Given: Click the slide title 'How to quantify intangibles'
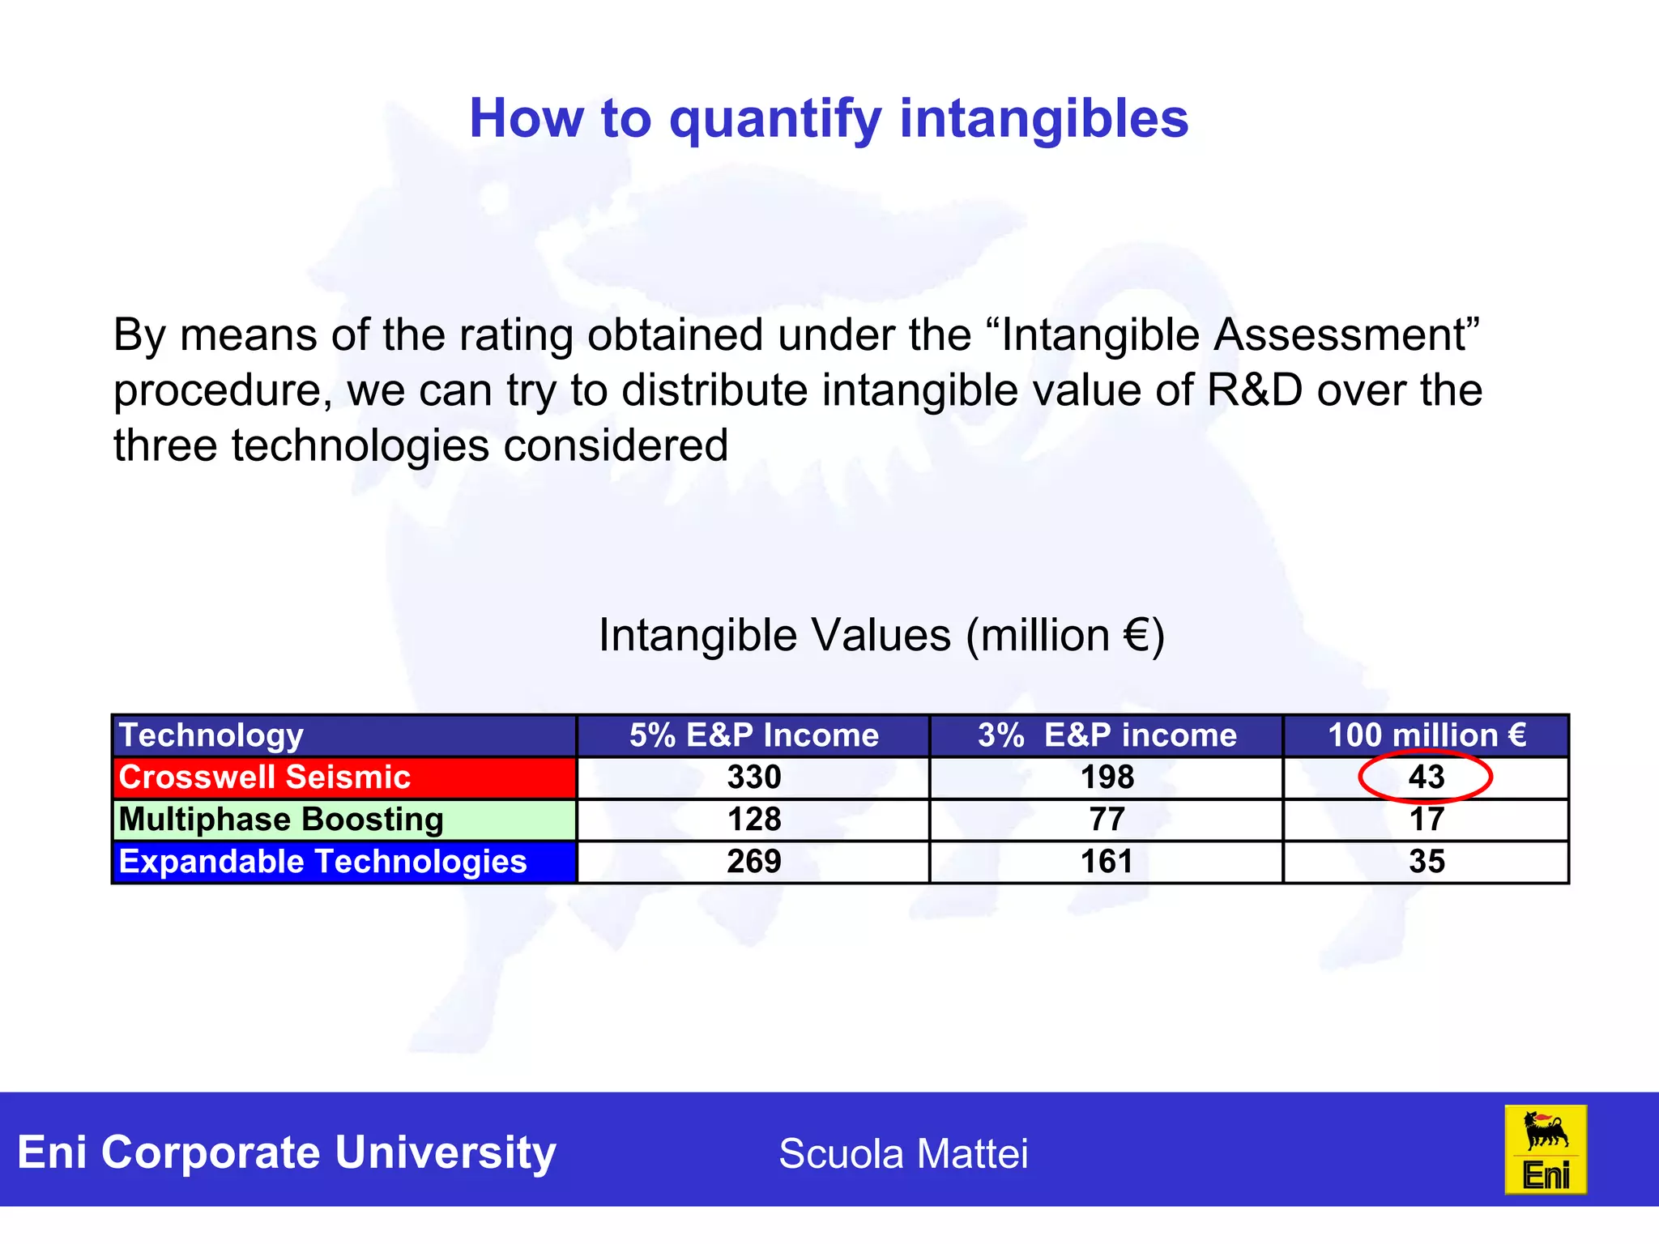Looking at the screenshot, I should pos(829,119).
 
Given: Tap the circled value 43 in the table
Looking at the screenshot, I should pos(1426,777).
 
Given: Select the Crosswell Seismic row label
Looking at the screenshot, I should pos(265,777).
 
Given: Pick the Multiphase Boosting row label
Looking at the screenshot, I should pos(281,820).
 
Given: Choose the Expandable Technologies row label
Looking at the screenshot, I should pos(322,862).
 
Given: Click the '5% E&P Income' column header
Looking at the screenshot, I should pos(753,735).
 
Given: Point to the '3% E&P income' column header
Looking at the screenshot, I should pos(1107,735).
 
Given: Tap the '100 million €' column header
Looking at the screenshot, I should pos(1426,735).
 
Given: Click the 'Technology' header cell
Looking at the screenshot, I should pos(211,735).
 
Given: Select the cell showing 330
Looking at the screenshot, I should pos(753,777).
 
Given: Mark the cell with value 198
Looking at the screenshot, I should pos(1107,777).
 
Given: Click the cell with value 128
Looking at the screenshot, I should pos(753,820).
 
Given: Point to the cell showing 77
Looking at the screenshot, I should pos(1107,820).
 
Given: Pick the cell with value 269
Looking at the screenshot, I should pos(753,862).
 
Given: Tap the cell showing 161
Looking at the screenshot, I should pos(1107,862).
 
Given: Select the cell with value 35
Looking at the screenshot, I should pos(1426,862).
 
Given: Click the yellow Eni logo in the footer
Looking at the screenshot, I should pos(1545,1150).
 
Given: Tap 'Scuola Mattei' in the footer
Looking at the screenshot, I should pos(902,1153).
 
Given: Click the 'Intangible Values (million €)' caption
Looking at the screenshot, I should pos(881,635).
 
